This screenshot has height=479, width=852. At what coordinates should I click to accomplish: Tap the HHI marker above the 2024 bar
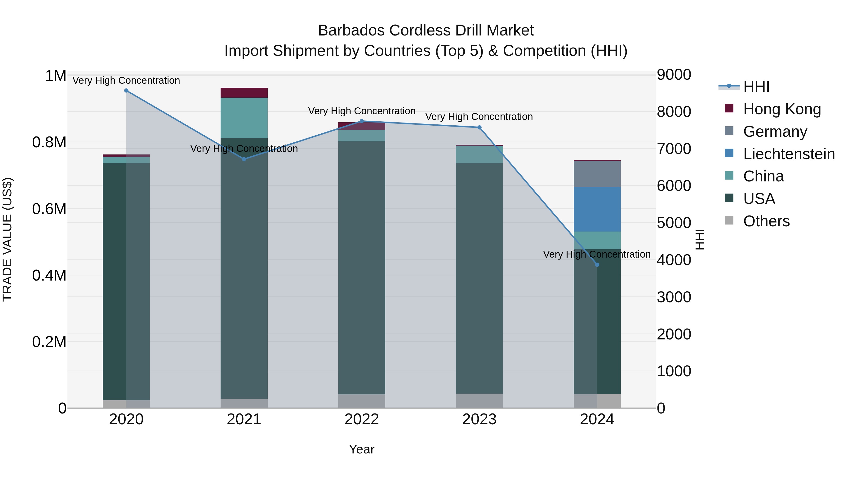click(597, 264)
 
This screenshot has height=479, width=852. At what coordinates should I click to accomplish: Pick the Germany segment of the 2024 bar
click(597, 174)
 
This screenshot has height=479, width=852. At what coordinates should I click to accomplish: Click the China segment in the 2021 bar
click(244, 118)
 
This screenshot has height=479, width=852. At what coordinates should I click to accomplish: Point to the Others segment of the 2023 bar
click(479, 401)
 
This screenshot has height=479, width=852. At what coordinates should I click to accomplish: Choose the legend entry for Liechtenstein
click(789, 154)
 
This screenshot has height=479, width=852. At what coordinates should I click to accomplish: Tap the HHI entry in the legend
click(756, 87)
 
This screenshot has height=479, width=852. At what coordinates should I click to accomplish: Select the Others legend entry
click(766, 221)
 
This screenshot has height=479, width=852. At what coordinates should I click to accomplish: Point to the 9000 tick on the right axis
click(674, 75)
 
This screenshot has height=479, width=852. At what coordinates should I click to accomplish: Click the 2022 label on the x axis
click(361, 419)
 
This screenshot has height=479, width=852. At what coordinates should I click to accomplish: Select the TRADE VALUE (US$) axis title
click(7, 239)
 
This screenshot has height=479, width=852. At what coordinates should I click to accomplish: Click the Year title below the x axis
click(361, 449)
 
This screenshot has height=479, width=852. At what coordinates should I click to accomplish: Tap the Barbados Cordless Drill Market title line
click(426, 31)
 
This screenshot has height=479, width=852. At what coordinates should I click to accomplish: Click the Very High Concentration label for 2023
click(479, 117)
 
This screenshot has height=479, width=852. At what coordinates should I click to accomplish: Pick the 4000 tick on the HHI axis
click(674, 260)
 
